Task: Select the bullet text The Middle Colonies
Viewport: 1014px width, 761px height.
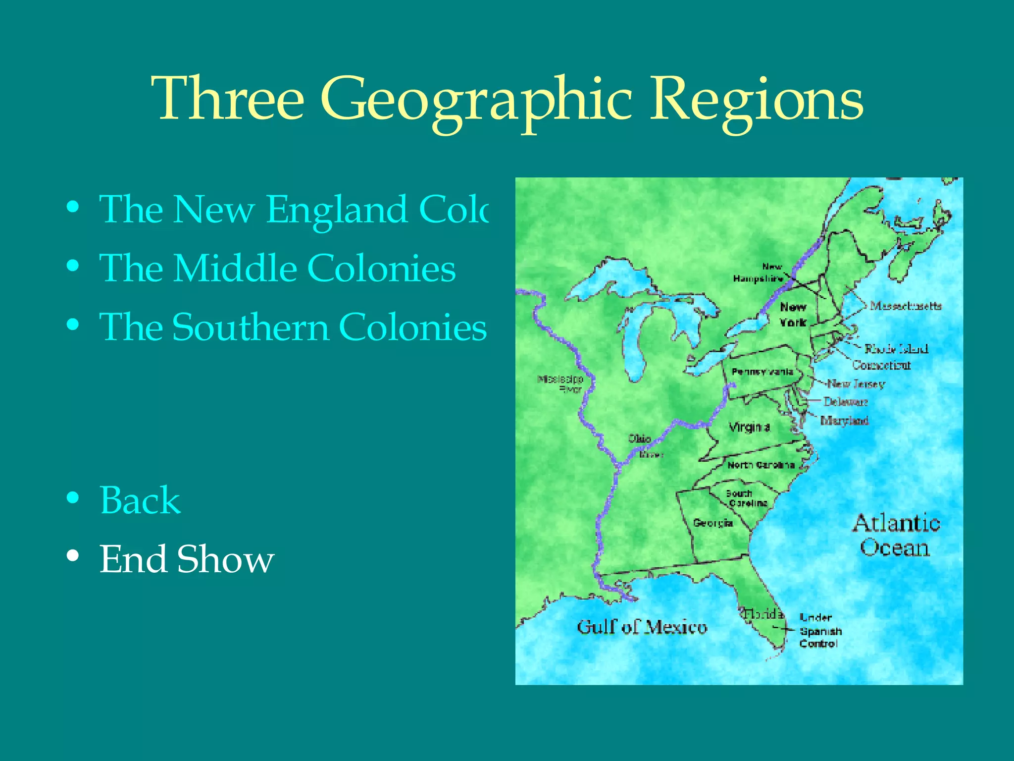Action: (277, 268)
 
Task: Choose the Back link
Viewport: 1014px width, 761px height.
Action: (140, 500)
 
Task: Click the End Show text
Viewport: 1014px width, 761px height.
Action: (187, 559)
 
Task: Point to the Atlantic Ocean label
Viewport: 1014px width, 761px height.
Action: (896, 535)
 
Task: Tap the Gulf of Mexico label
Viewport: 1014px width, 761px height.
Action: (642, 627)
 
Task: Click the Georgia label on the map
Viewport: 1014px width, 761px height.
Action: (713, 523)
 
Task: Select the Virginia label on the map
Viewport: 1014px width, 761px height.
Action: (749, 427)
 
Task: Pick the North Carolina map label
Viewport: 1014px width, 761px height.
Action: (761, 465)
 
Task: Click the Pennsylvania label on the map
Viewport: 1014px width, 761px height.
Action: (762, 372)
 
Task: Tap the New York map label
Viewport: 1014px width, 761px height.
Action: (793, 315)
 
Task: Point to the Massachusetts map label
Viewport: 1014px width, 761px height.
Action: (906, 306)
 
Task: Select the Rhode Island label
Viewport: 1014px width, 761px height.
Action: (896, 349)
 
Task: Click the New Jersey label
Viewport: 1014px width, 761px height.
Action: (856, 384)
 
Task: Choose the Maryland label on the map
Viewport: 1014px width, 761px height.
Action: (844, 421)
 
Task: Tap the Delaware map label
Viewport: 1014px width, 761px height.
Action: (845, 402)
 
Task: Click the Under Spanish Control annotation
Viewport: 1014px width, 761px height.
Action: (820, 631)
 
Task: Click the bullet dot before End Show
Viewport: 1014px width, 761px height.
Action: (73, 556)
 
